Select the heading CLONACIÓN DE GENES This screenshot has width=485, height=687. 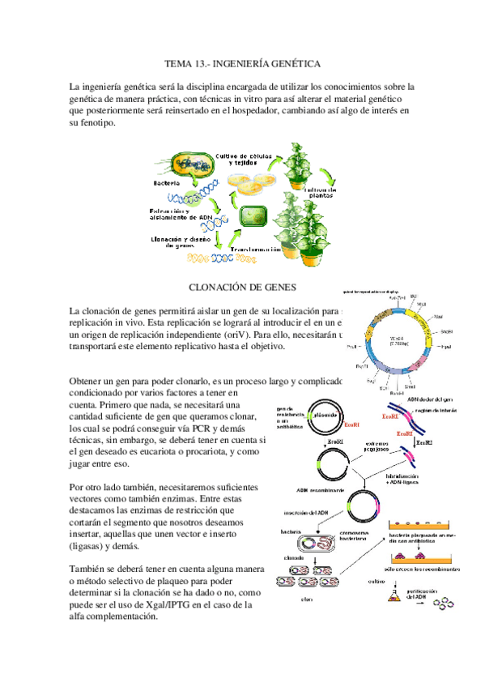tap(242, 286)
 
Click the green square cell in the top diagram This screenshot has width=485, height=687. tap(254, 216)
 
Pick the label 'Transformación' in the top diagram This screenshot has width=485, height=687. tap(257, 250)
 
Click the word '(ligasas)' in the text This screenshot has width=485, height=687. tap(90, 547)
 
